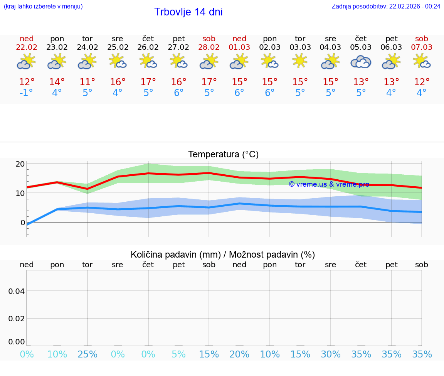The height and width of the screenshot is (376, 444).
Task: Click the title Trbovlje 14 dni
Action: [188, 12]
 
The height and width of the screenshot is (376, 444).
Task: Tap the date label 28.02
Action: [209, 47]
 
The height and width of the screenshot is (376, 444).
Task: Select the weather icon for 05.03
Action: [361, 62]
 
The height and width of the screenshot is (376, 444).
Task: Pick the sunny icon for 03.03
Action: [300, 61]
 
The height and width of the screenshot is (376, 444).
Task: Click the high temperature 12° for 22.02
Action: [27, 82]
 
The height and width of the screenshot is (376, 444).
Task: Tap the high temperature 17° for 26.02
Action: [148, 82]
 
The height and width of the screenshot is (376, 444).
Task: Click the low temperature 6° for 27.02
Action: [178, 93]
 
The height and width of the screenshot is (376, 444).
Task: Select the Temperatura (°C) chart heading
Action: [223, 155]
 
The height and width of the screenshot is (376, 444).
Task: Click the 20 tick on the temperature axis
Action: [20, 164]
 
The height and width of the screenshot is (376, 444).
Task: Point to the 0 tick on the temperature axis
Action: [23, 223]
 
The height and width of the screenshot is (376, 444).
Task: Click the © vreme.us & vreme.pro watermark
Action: [329, 184]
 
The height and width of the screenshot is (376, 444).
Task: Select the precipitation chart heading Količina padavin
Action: [223, 255]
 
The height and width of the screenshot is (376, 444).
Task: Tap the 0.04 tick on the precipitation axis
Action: [17, 291]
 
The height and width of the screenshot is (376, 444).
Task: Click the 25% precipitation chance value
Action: [87, 354]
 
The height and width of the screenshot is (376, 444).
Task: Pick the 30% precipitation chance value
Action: [331, 354]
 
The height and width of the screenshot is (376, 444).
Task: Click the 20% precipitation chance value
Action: [239, 354]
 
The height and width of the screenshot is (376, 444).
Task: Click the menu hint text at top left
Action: [43, 7]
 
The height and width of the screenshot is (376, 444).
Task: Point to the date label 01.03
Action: [239, 47]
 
